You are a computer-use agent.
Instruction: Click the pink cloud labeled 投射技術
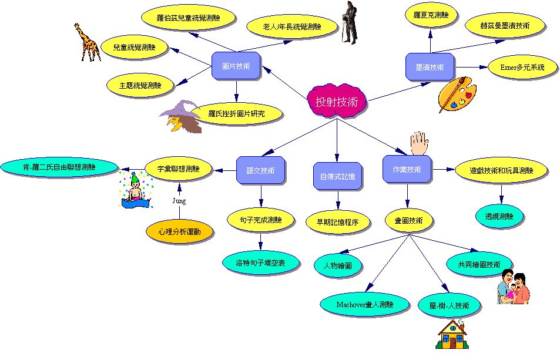pos(337,101)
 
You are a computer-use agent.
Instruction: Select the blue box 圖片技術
pos(236,66)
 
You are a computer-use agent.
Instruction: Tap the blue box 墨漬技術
pos(430,67)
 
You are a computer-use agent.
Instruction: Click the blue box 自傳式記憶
pos(337,176)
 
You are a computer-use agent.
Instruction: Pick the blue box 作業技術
pos(407,169)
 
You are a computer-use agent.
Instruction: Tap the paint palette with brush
pos(457,94)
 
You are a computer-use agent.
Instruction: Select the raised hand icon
pos(419,143)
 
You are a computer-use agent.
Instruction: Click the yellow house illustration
pos(452,334)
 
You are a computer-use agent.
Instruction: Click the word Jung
pos(179,201)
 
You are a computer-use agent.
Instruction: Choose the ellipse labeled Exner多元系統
pos(522,67)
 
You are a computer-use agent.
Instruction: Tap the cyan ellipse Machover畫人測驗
pos(364,304)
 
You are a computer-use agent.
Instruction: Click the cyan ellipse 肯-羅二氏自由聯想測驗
pos(59,167)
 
